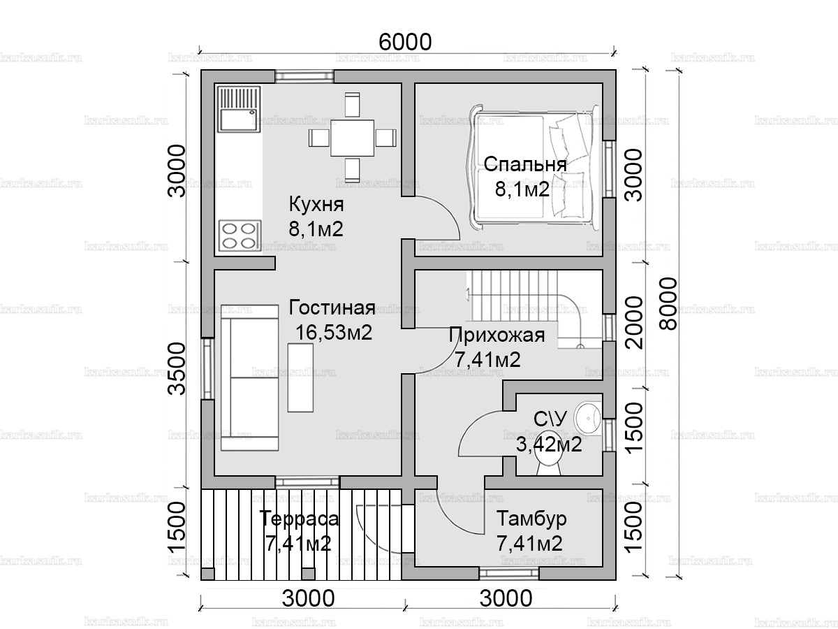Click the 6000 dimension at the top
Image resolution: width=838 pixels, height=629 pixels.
405,42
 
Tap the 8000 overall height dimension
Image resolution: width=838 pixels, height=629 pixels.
668,303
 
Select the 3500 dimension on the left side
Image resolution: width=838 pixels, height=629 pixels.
177,369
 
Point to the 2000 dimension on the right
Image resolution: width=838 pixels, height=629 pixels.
634,323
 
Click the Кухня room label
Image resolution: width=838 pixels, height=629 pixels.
316,204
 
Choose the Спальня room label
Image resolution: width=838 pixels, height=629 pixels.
525,164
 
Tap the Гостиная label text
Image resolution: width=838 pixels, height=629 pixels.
332,308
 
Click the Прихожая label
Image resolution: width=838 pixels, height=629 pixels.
497,335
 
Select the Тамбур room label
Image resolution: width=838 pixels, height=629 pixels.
531,519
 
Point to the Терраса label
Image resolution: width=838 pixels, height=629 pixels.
299,519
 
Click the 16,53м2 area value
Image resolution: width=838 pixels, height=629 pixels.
334,332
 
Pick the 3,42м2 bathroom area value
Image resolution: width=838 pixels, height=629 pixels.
549,444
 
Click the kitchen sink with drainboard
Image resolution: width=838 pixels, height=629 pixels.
239,109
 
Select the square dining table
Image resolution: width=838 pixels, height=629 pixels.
352,138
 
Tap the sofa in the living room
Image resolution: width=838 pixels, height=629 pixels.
250,377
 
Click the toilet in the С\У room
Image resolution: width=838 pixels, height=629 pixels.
549,467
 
